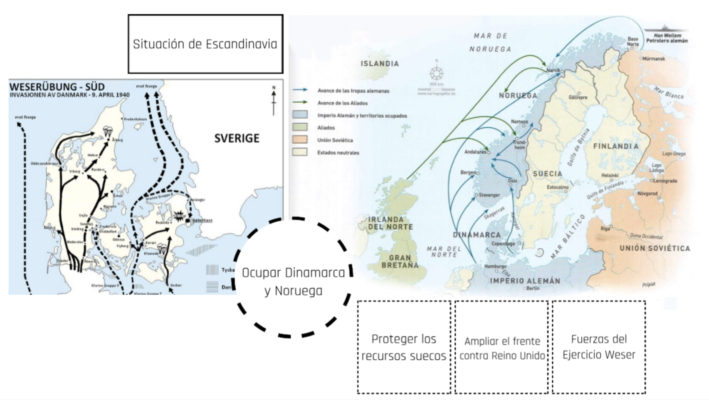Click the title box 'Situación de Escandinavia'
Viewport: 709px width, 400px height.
pos(205,44)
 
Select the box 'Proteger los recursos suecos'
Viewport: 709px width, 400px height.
pos(404,347)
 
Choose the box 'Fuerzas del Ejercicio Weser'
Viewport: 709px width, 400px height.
pos(599,347)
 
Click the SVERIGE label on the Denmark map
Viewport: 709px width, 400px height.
pos(237,138)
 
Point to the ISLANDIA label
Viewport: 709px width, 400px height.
pos(380,64)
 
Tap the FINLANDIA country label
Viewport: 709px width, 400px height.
pos(616,146)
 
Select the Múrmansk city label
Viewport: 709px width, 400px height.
pos(653,59)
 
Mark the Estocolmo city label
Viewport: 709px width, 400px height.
pos(557,188)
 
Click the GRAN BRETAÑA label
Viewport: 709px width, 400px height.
pos(400,261)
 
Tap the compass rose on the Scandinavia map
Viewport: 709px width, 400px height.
pos(436,73)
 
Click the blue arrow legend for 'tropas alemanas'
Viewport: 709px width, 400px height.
pos(300,90)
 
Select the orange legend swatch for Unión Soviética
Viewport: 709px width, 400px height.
pos(300,140)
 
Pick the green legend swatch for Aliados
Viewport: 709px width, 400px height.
pos(300,127)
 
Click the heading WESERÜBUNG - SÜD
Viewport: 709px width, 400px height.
pos(57,87)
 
